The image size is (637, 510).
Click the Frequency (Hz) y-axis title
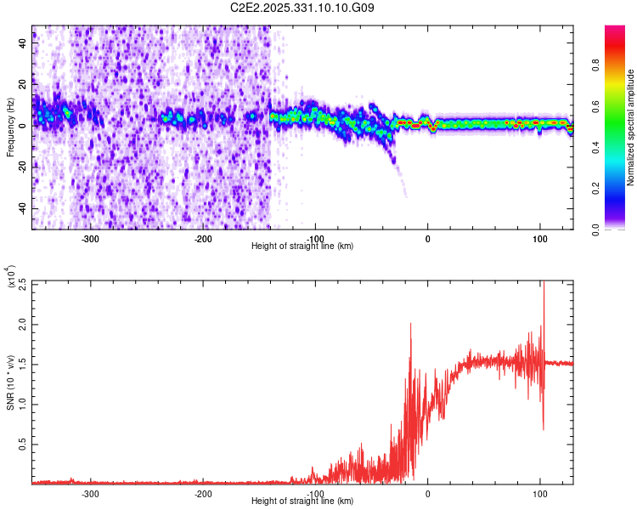click(x=10, y=127)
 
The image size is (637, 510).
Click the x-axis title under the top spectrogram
click(x=302, y=246)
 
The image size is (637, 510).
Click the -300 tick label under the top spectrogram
click(x=90, y=237)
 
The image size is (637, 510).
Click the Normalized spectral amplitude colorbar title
click(x=631, y=127)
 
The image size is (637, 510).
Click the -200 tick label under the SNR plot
click(x=202, y=493)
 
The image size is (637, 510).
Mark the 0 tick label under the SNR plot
click(x=427, y=493)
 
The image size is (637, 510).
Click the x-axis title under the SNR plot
click(x=302, y=501)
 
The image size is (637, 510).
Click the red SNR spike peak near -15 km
click(x=411, y=324)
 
